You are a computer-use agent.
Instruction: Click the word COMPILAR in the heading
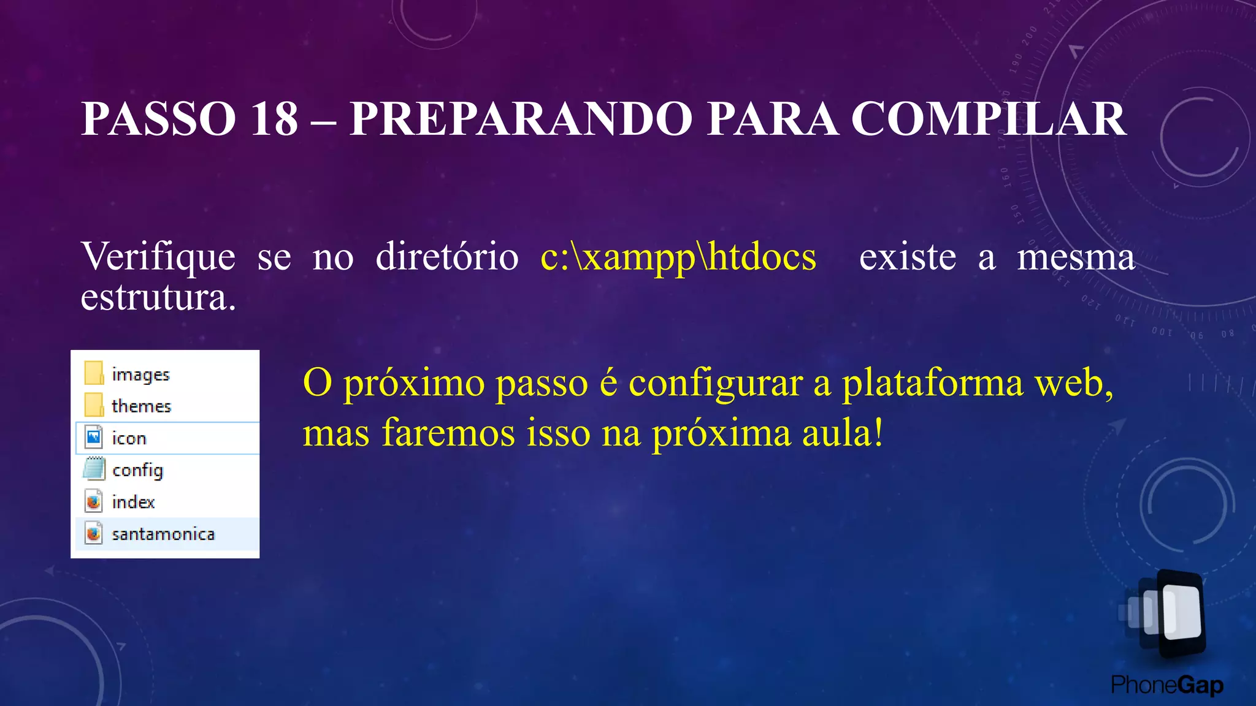tap(989, 118)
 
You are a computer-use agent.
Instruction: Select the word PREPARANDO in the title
tap(521, 118)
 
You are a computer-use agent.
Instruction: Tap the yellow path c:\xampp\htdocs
tap(678, 256)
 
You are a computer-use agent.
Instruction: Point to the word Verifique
tap(158, 256)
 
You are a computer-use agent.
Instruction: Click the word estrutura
tap(158, 298)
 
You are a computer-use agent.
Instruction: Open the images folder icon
tap(94, 373)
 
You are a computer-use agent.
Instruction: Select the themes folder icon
tap(94, 405)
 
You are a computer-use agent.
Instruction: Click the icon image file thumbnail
tap(94, 438)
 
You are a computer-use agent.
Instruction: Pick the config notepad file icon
tap(94, 469)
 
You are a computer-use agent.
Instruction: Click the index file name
tap(133, 502)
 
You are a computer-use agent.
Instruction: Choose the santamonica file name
tap(163, 534)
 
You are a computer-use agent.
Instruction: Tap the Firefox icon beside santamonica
tap(94, 534)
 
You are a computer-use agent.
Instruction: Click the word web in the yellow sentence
tap(1073, 384)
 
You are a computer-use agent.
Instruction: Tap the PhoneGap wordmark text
tap(1166, 685)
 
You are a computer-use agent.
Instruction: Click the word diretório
tap(447, 256)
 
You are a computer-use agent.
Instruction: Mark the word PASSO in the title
tap(159, 118)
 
